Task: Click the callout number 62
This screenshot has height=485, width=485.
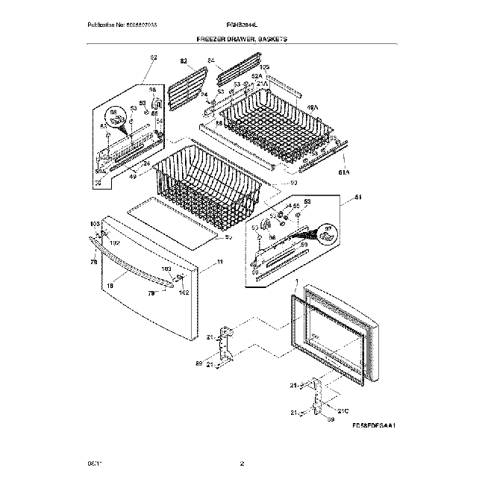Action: click(154, 57)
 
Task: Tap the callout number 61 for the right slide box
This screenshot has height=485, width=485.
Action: click(357, 197)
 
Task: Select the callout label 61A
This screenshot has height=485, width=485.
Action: click(344, 174)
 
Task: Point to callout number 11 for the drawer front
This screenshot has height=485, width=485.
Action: click(219, 261)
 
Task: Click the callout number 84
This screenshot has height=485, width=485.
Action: click(210, 60)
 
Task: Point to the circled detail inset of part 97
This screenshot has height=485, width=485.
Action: click(325, 234)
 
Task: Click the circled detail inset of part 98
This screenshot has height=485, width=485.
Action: click(116, 115)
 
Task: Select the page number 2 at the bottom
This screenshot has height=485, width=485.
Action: click(242, 463)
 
